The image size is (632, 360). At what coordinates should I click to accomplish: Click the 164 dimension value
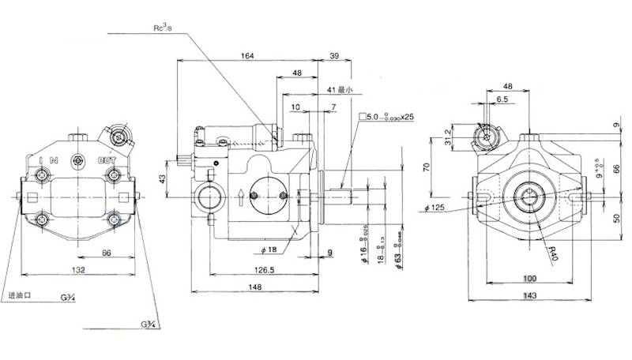(247, 55)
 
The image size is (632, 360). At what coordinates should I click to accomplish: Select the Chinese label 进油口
(18, 295)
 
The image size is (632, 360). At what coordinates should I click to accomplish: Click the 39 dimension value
(334, 55)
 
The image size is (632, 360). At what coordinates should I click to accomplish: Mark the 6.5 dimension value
(503, 100)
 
